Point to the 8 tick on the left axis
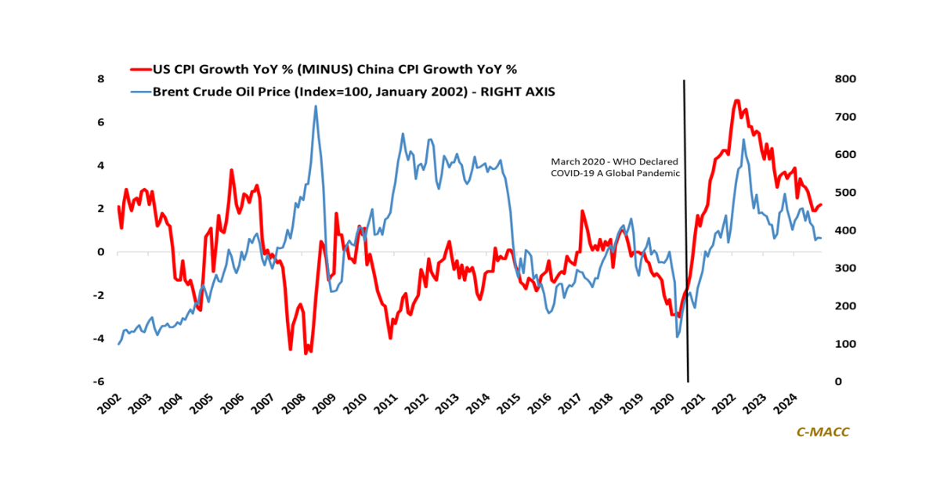point(100,79)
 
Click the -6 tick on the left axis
point(99,382)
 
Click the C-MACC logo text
point(822,431)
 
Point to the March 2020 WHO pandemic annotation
point(616,167)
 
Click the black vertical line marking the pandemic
point(686,235)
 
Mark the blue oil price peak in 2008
point(316,107)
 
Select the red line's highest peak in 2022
point(736,101)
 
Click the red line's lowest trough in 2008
point(305,353)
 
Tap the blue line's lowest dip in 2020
point(677,337)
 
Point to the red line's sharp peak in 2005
point(232,170)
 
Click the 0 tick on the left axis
point(100,252)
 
